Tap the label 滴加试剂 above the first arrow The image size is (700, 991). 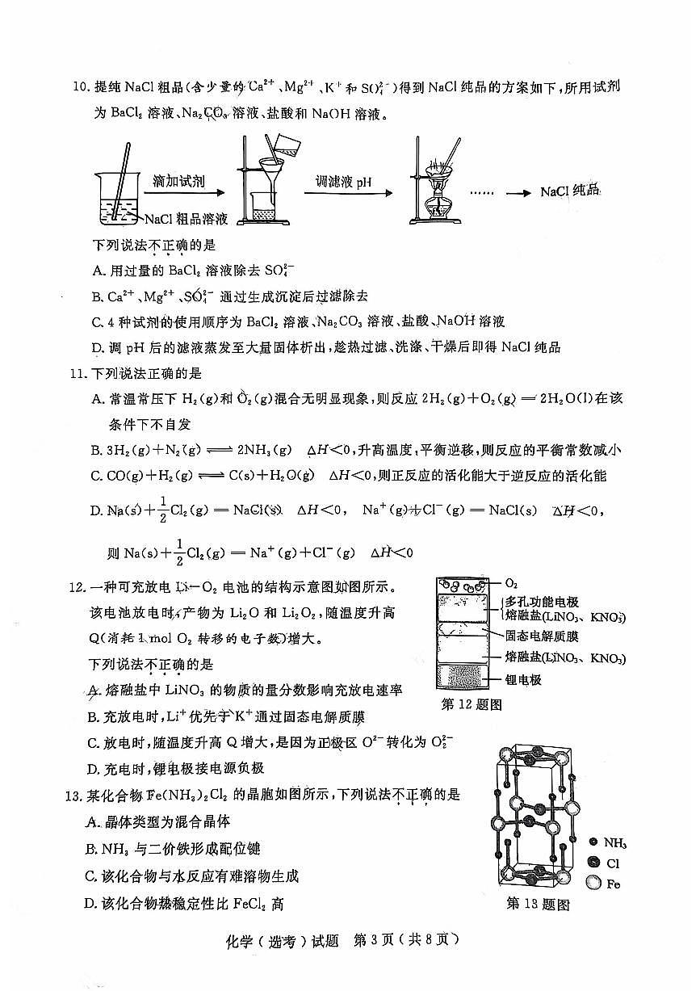[x=178, y=181]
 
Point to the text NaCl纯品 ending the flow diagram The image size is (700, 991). [x=571, y=191]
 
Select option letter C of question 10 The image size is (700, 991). [x=98, y=321]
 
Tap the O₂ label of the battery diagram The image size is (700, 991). [x=512, y=582]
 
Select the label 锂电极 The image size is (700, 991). [x=523, y=679]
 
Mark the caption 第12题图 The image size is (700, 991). [x=472, y=704]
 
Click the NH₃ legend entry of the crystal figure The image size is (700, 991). [x=613, y=844]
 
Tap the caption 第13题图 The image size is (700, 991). [x=538, y=904]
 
